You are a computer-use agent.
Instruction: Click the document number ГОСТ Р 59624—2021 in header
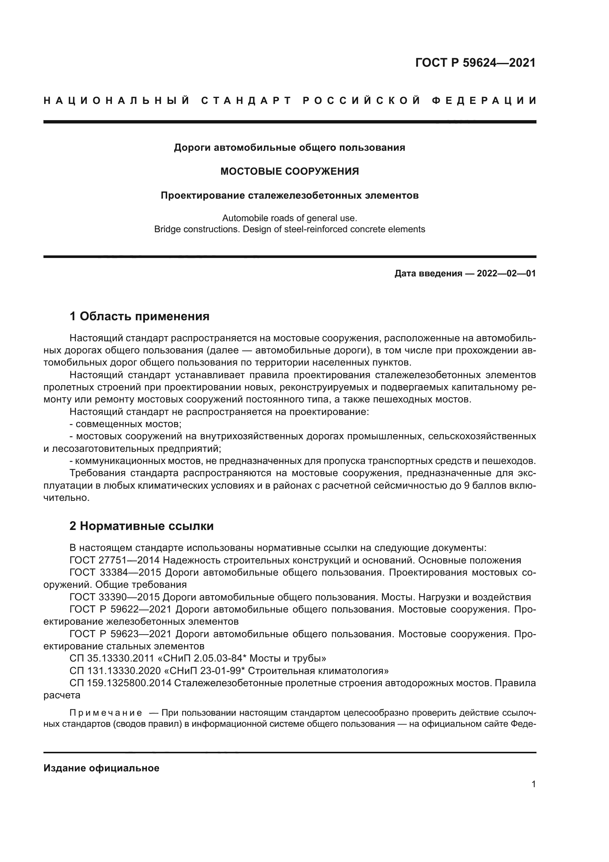coord(475,63)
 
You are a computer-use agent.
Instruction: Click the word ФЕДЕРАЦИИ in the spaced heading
coord(484,101)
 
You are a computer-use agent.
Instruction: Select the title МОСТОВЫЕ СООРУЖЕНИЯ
coord(289,172)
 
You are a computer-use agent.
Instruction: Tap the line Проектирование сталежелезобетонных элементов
coord(289,196)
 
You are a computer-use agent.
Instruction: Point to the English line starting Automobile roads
coord(289,218)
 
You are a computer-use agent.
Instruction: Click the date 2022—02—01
coord(506,273)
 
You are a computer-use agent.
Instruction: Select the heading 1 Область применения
coord(140,317)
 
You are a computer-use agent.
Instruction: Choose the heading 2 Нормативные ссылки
coord(142,526)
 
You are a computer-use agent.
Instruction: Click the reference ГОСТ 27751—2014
coord(115,561)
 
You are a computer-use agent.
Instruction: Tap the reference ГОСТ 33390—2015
coord(115,597)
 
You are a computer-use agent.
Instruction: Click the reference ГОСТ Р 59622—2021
coord(120,609)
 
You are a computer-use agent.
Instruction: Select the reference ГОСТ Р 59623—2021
coord(120,634)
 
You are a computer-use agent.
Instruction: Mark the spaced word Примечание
coord(106,713)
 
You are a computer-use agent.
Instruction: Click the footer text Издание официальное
coord(101,768)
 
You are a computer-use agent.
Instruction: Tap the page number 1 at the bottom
coord(534,784)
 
